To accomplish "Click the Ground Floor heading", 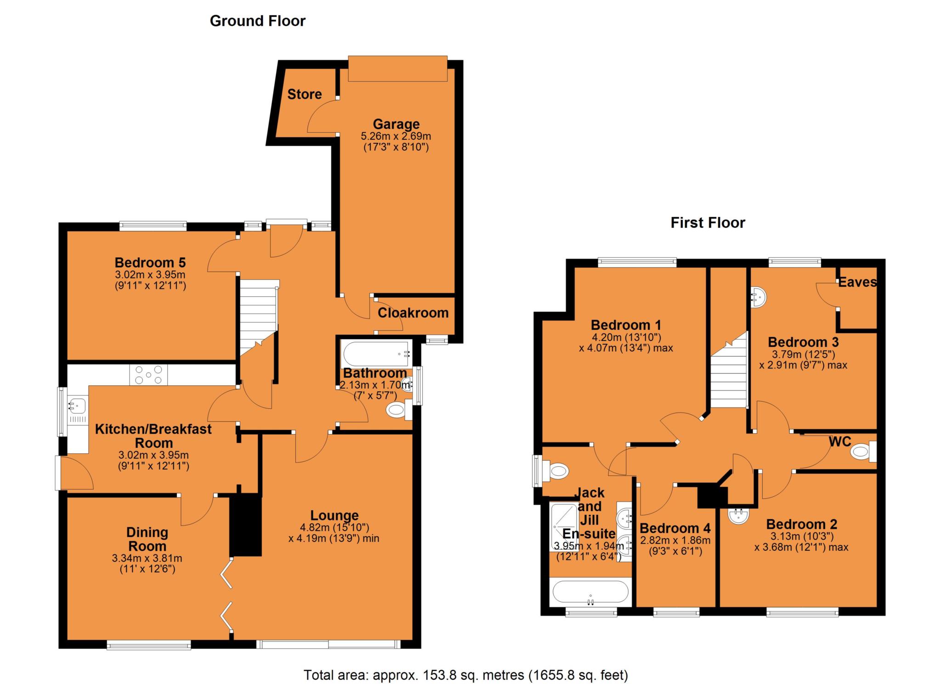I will pos(257,21).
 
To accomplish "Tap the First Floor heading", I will pos(708,223).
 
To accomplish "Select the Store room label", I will pos(304,94).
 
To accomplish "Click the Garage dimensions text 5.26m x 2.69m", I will pos(396,136).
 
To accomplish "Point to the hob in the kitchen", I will pos(148,374).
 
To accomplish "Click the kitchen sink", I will pos(77,406).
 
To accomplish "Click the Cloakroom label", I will pos(413,313).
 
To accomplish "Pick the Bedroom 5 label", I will pos(150,263).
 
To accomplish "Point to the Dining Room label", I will pos(147,539).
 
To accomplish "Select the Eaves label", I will pos(857,282).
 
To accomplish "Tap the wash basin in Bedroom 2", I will pos(739,515).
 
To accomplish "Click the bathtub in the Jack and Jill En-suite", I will pos(590,592).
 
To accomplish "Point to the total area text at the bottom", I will pos(465,675).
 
